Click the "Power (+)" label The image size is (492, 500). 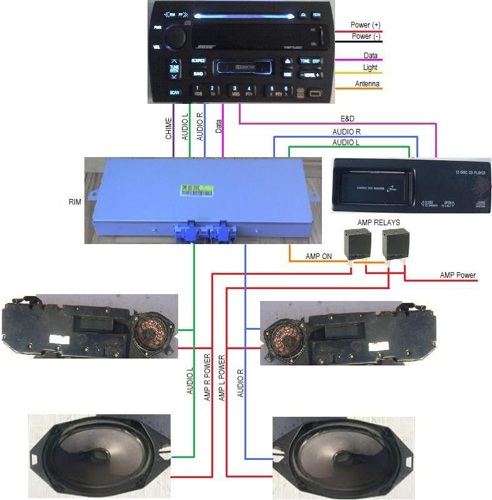click(x=365, y=25)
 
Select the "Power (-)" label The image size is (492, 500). click(x=365, y=36)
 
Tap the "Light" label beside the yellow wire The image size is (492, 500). click(x=370, y=68)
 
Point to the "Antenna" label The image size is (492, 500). click(x=367, y=84)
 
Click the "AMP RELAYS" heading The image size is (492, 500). click(x=378, y=223)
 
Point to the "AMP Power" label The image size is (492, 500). click(x=458, y=275)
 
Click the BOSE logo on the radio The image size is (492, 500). click(x=207, y=48)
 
